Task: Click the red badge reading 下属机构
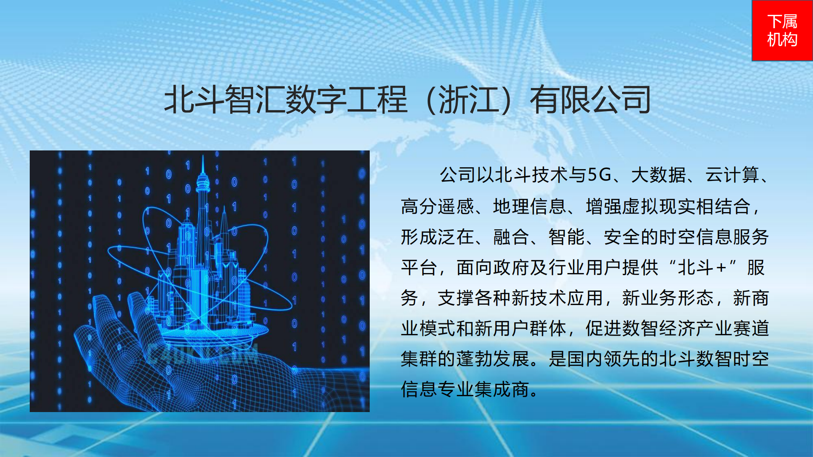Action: pyautogui.click(x=782, y=30)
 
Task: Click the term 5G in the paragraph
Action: pyautogui.click(x=599, y=175)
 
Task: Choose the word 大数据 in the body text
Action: pyautogui.click(x=658, y=175)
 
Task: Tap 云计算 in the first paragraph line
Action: pyautogui.click(x=732, y=175)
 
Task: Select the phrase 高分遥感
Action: pyautogui.click(x=437, y=206)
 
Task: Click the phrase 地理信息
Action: pyautogui.click(x=529, y=206)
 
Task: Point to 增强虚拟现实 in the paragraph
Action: pyautogui.click(x=641, y=206)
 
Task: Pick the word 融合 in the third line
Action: pyautogui.click(x=511, y=237)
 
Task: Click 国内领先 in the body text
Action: pyautogui.click(x=603, y=359)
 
